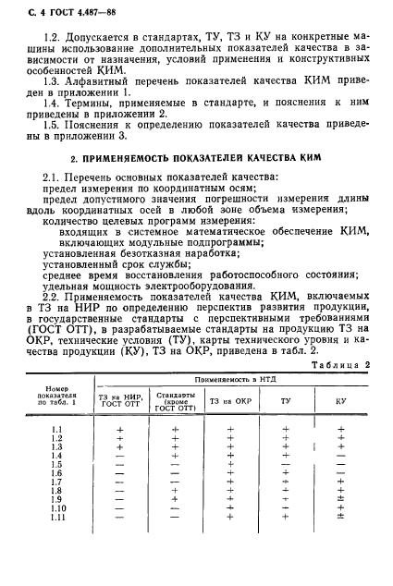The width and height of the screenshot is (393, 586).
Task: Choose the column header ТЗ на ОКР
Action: [228, 400]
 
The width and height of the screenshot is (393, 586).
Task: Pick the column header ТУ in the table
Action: [285, 400]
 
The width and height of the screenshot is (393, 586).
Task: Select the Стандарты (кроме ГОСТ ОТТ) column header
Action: [175, 400]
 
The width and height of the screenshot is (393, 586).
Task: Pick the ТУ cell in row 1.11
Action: [285, 517]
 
